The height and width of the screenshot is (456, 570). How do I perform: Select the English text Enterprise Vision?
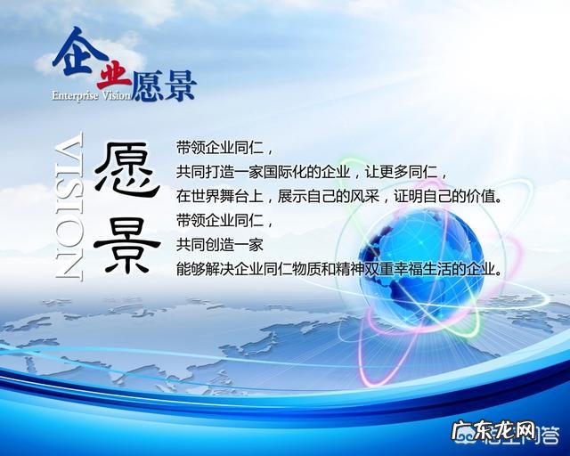point(91,94)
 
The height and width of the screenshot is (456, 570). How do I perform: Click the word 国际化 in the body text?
point(285,171)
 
